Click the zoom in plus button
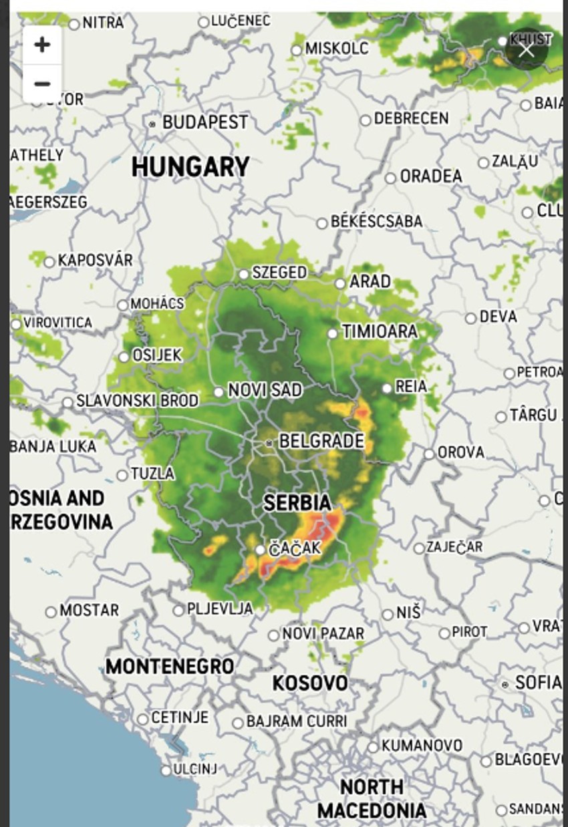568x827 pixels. click(42, 45)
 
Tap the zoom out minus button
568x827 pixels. click(42, 84)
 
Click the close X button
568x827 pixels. click(527, 50)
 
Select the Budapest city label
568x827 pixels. click(204, 122)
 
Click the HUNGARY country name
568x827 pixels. click(190, 167)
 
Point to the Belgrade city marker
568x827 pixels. click(269, 442)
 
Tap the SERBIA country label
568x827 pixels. click(297, 502)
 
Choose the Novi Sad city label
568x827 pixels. click(265, 390)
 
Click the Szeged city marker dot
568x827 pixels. click(244, 274)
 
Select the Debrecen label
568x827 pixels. click(411, 119)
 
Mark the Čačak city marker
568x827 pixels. click(260, 550)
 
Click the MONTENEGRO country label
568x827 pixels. click(170, 666)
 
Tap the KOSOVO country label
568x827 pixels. click(310, 683)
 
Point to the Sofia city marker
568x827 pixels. click(505, 684)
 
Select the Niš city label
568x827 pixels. click(410, 612)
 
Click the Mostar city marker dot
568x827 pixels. click(51, 612)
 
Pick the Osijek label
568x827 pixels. click(157, 355)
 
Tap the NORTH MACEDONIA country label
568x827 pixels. click(371, 799)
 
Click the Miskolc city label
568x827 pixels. click(336, 49)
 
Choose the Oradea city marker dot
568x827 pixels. click(390, 178)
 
